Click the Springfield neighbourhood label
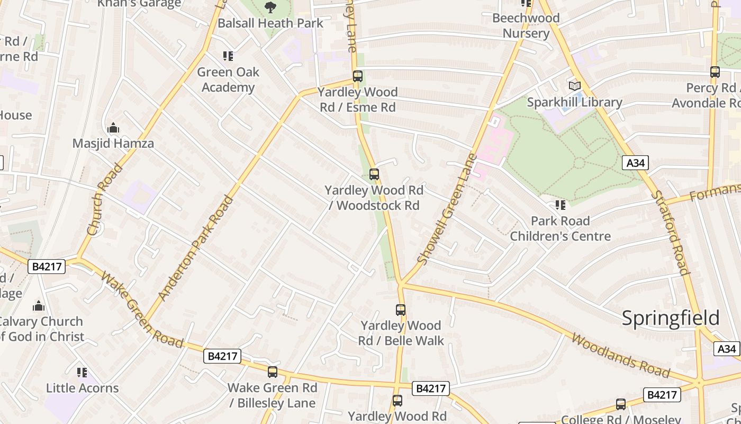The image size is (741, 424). (670, 318)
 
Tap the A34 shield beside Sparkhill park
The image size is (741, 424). (635, 163)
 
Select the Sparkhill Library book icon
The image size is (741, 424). (574, 86)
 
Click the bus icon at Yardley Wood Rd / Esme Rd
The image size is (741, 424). (358, 76)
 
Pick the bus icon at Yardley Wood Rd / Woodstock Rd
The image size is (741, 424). (374, 174)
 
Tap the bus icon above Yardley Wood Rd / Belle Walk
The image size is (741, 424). (401, 310)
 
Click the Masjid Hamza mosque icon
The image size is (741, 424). (113, 128)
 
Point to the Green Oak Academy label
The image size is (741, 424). (228, 79)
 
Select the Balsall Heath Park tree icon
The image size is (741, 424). (270, 7)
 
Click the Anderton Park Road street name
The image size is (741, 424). (196, 248)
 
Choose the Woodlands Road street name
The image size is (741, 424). (620, 356)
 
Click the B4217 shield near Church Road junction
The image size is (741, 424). (47, 266)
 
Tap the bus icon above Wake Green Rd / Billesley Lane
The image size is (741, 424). (273, 372)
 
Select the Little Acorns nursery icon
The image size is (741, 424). (82, 373)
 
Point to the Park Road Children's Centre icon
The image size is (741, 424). (560, 205)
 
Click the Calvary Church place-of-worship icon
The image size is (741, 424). (39, 306)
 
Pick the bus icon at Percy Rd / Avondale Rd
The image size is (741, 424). (715, 72)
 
